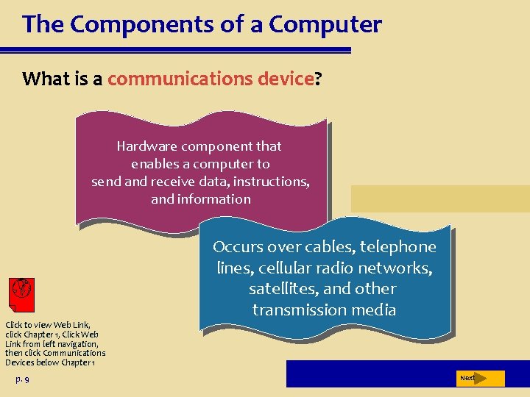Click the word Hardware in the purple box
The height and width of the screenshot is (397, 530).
(143, 146)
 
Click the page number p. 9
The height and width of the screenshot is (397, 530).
(22, 379)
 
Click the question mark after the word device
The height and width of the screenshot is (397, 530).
(318, 79)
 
